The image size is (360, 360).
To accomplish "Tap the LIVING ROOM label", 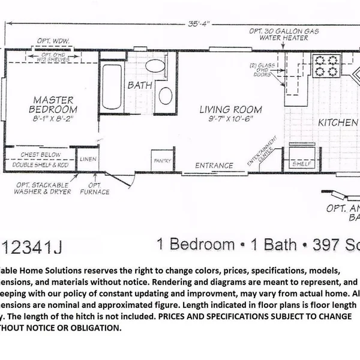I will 230,110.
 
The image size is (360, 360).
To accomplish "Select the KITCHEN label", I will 338,122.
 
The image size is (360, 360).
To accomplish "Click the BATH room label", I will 140,85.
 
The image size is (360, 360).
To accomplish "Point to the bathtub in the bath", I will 111,87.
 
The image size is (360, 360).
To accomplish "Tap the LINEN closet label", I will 88,159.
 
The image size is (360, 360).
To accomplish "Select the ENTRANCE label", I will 215,166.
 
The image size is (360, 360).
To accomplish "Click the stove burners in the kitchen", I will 326,65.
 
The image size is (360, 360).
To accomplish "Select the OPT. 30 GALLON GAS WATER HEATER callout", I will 278,34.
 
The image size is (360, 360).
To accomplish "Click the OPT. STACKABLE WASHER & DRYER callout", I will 43,188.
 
